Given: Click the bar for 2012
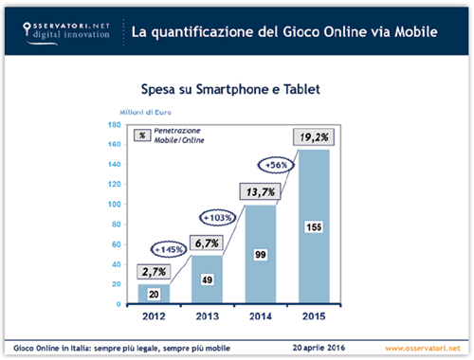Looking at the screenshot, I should tap(154, 294).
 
